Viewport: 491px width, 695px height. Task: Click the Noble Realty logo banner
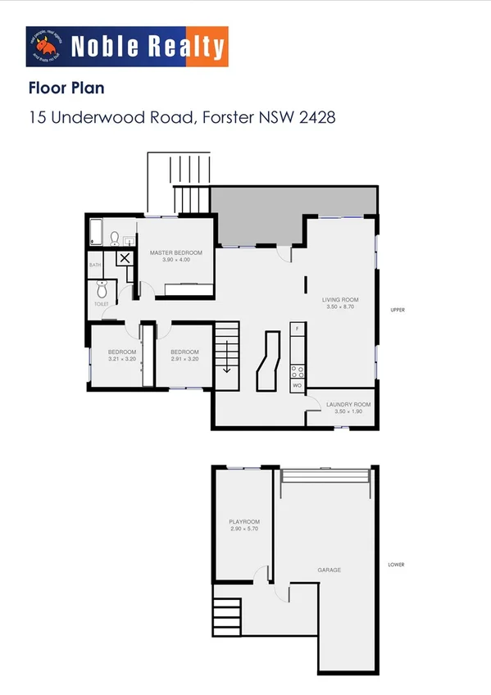click(127, 47)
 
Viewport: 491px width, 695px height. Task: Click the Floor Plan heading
click(66, 87)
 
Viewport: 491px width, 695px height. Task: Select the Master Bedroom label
click(175, 252)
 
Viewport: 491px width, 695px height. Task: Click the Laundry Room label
click(348, 404)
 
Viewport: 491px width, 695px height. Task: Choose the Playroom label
click(244, 521)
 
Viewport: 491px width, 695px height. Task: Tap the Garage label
click(330, 570)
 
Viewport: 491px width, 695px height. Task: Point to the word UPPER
click(398, 310)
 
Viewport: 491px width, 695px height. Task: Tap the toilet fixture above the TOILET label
click(102, 290)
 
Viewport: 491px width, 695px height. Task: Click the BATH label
click(95, 265)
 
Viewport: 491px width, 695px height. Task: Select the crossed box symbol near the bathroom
click(124, 258)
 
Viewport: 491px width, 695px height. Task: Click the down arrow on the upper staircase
click(226, 365)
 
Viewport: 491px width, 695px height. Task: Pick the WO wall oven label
click(297, 384)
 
